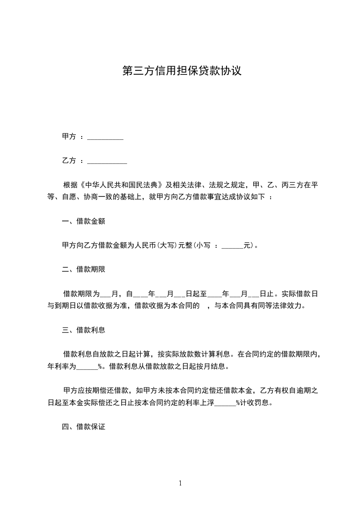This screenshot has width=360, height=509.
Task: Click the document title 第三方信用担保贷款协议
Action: (x=181, y=71)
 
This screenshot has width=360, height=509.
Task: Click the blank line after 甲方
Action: (x=105, y=137)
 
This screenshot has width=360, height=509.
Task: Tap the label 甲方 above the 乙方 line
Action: (x=69, y=137)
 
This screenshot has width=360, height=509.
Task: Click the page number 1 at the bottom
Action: (x=180, y=483)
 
